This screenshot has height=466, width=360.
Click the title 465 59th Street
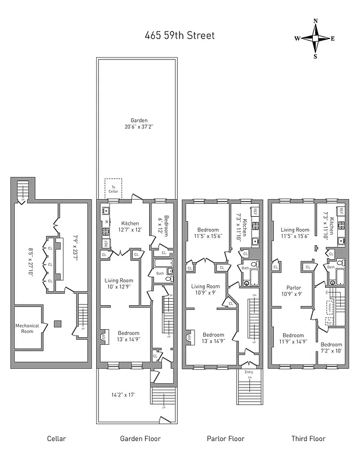[x=179, y=36]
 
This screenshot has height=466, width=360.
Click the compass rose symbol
[x=315, y=38]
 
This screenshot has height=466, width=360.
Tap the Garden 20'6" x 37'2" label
[x=139, y=123]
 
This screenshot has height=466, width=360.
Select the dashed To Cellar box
[x=114, y=188]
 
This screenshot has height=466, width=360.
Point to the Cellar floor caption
[x=57, y=439]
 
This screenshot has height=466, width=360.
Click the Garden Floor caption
[x=140, y=439]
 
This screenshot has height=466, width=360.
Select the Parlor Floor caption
[x=225, y=439]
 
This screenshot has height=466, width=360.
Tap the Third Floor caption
[x=308, y=439]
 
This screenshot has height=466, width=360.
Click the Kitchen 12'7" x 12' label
[x=130, y=227]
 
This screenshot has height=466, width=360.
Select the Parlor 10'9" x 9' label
[x=292, y=291]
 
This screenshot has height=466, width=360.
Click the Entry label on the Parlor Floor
[x=249, y=372]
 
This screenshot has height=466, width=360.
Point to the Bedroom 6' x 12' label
[x=164, y=225]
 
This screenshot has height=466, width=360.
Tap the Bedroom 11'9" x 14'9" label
[x=293, y=338]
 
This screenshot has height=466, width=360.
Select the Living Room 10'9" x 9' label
[x=206, y=290]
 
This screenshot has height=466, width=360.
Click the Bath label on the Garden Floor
[x=159, y=273]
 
